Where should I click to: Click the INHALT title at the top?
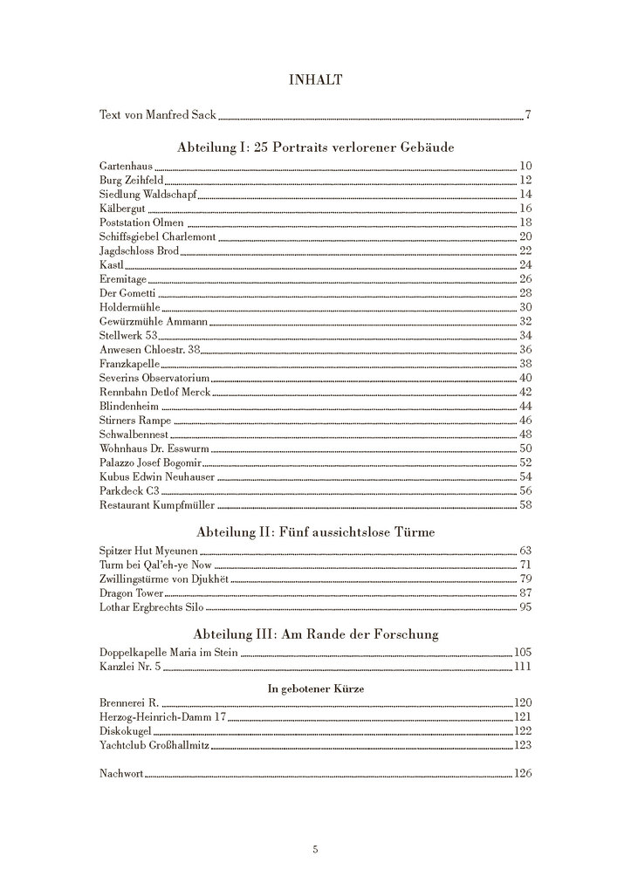click(315, 80)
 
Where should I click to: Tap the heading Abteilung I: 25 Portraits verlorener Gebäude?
click(315, 147)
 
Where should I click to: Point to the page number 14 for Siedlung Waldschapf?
click(525, 194)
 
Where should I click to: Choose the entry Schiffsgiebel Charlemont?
click(157, 236)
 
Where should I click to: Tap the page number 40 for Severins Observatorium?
click(525, 378)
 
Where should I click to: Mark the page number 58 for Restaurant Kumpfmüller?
click(525, 504)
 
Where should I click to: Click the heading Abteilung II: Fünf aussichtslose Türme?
click(315, 531)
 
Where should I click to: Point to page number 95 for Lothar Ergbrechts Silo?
click(525, 606)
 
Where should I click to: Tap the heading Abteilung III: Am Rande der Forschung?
click(315, 633)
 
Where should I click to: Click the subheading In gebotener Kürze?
click(315, 688)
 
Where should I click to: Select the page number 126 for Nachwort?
click(523, 773)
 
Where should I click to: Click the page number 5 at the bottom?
click(315, 849)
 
